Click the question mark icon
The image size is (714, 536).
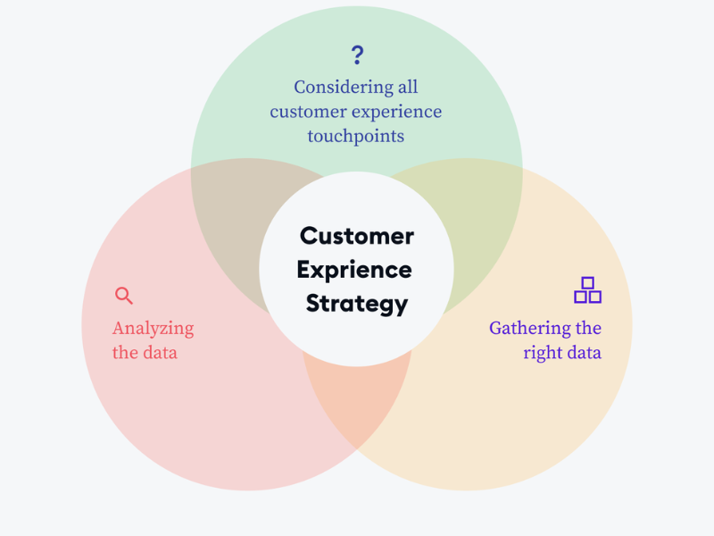pos(357,54)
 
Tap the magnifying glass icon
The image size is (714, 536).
pos(124,296)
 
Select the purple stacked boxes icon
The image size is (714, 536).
pos(587,290)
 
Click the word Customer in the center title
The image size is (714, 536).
pos(357,236)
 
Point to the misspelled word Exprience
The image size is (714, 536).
pos(354,270)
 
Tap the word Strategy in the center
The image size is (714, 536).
pos(357,304)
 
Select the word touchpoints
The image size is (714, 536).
pos(356,137)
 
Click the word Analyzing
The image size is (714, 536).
pos(153,329)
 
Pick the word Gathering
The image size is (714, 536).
pos(529,329)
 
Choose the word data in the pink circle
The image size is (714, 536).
pos(158,353)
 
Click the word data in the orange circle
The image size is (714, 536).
pos(582,353)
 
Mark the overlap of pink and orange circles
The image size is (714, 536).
pos(357,402)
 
